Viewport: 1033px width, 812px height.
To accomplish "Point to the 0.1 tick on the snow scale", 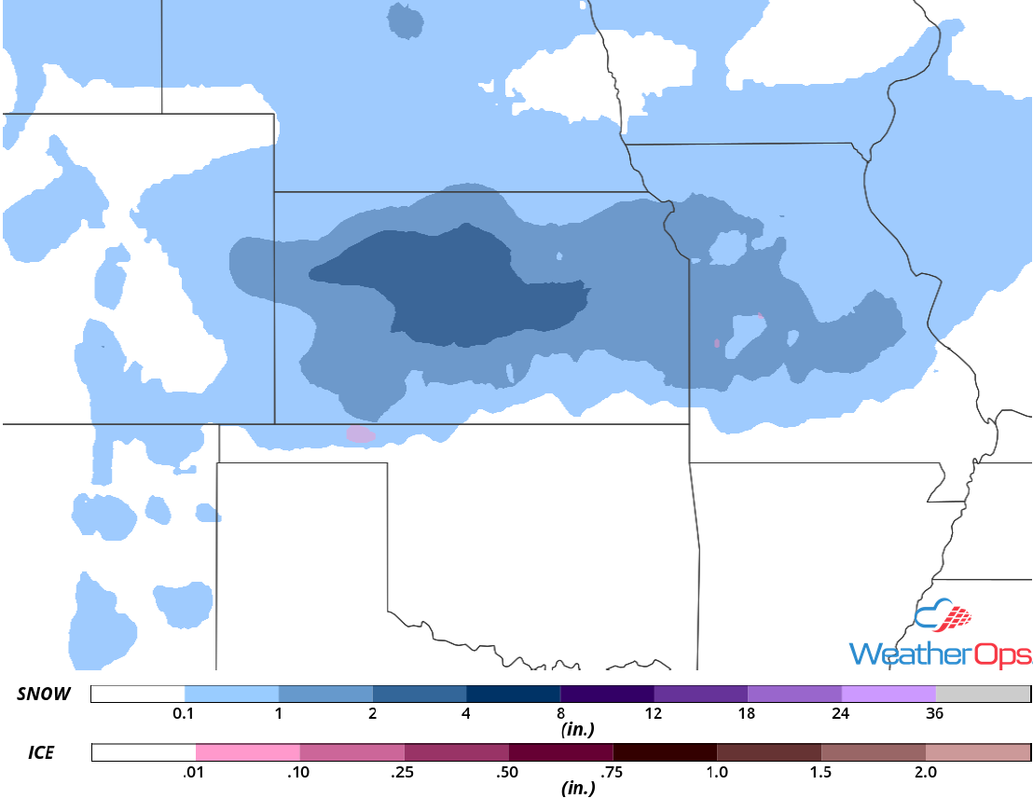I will pos(185,714).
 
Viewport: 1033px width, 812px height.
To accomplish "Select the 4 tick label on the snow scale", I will pos(466,714).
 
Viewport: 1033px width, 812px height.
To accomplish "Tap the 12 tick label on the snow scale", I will pos(654,714).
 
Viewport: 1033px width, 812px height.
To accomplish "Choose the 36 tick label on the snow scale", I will pos(935,714).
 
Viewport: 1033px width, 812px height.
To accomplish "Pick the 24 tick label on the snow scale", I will pos(841,714).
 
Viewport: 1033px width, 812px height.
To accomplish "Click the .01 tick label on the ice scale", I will pos(196,772).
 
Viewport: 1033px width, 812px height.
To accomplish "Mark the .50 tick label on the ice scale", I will pos(508,772).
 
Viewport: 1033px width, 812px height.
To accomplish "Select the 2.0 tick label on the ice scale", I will pos(925,772).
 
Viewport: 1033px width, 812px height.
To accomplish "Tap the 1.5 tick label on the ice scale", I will pos(820,772).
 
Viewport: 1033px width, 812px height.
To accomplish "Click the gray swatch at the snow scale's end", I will pos(982,694).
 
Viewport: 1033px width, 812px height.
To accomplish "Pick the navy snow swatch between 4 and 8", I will pos(513,694).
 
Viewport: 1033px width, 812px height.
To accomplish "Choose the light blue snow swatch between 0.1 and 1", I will pos(231,694).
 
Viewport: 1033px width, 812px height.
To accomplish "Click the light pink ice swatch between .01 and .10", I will pos(248,752).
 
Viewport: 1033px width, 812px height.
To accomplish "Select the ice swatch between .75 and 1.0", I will pos(665,752).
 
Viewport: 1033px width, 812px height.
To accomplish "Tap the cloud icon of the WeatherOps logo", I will pos(942,617).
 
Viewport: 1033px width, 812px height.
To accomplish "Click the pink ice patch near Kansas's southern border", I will pos(360,434).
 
